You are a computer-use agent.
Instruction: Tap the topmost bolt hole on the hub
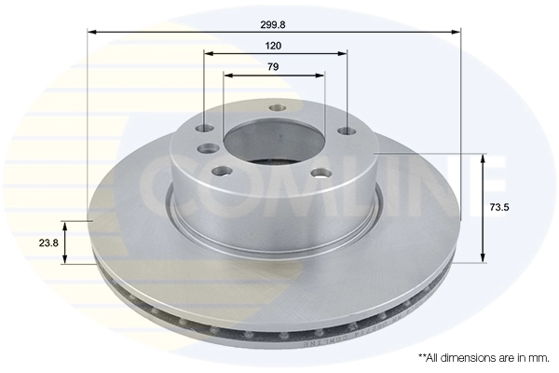[276, 108]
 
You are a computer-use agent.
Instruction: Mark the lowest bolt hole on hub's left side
[222, 171]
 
